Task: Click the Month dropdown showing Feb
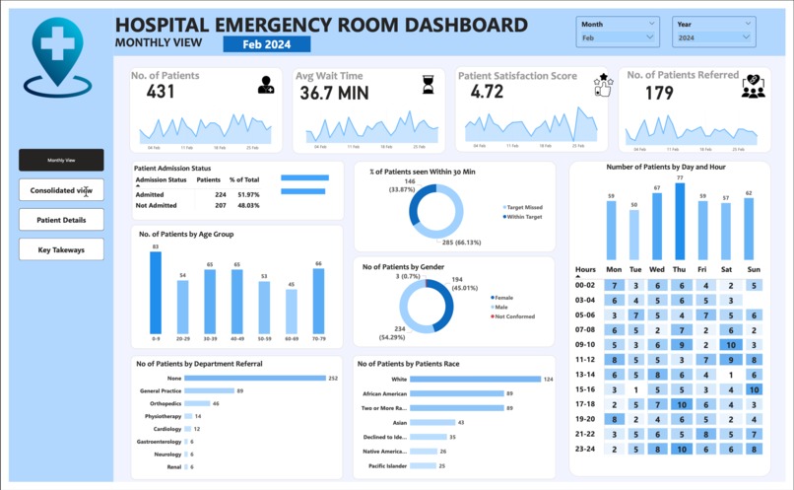(619, 37)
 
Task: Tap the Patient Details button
(61, 220)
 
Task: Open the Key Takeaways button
(61, 249)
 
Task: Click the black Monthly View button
(61, 160)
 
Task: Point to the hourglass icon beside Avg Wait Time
(428, 86)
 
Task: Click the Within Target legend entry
(522, 217)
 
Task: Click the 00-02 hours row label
(586, 285)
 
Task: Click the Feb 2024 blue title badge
(267, 43)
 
